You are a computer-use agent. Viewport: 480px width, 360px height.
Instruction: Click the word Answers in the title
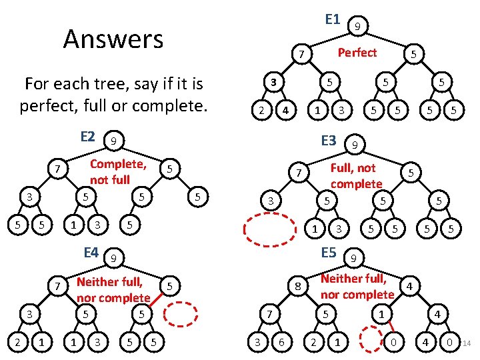pos(113,39)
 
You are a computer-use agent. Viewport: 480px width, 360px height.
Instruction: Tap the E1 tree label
pos(333,19)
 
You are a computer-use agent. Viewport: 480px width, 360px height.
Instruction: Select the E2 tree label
pos(87,137)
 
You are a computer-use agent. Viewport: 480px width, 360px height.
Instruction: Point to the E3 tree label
pos(329,141)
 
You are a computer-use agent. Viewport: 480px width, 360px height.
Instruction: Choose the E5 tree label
pos(329,253)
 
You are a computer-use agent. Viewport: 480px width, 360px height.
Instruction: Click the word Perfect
pos(357,52)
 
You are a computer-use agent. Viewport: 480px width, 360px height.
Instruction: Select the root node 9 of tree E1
pos(358,27)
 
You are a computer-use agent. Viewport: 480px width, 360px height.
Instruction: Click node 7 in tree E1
pos(302,54)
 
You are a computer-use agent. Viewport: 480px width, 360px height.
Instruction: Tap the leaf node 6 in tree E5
pos(283,343)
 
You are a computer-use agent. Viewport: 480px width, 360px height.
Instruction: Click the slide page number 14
pos(467,344)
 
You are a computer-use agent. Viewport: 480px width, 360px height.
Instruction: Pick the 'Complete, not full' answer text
pos(118,172)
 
